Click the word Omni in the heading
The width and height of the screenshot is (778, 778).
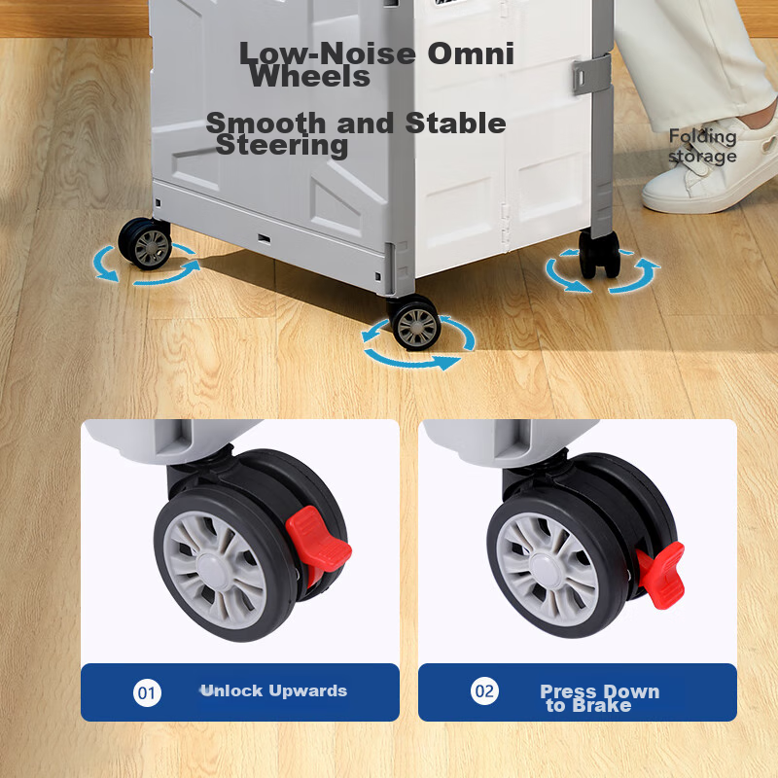(471, 53)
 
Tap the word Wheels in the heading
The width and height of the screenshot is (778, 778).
(309, 77)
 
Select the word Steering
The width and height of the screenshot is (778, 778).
(282, 146)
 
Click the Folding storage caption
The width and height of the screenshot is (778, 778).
(702, 146)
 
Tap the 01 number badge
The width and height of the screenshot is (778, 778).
(147, 692)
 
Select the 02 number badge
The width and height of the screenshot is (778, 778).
(484, 691)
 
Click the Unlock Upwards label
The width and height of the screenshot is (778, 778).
(274, 690)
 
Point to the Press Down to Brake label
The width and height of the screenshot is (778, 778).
(599, 698)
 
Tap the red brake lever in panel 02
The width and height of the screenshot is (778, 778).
(661, 576)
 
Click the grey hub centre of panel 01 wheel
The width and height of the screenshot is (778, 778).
(214, 571)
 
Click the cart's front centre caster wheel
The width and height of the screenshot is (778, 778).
(414, 324)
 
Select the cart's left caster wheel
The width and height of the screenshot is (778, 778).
(145, 244)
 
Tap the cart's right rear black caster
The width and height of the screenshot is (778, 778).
(599, 254)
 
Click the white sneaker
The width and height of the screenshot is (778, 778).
(711, 168)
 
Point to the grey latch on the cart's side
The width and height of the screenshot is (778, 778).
(591, 75)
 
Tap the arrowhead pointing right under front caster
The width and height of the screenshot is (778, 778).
(448, 362)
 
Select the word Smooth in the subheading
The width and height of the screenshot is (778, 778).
(267, 123)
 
